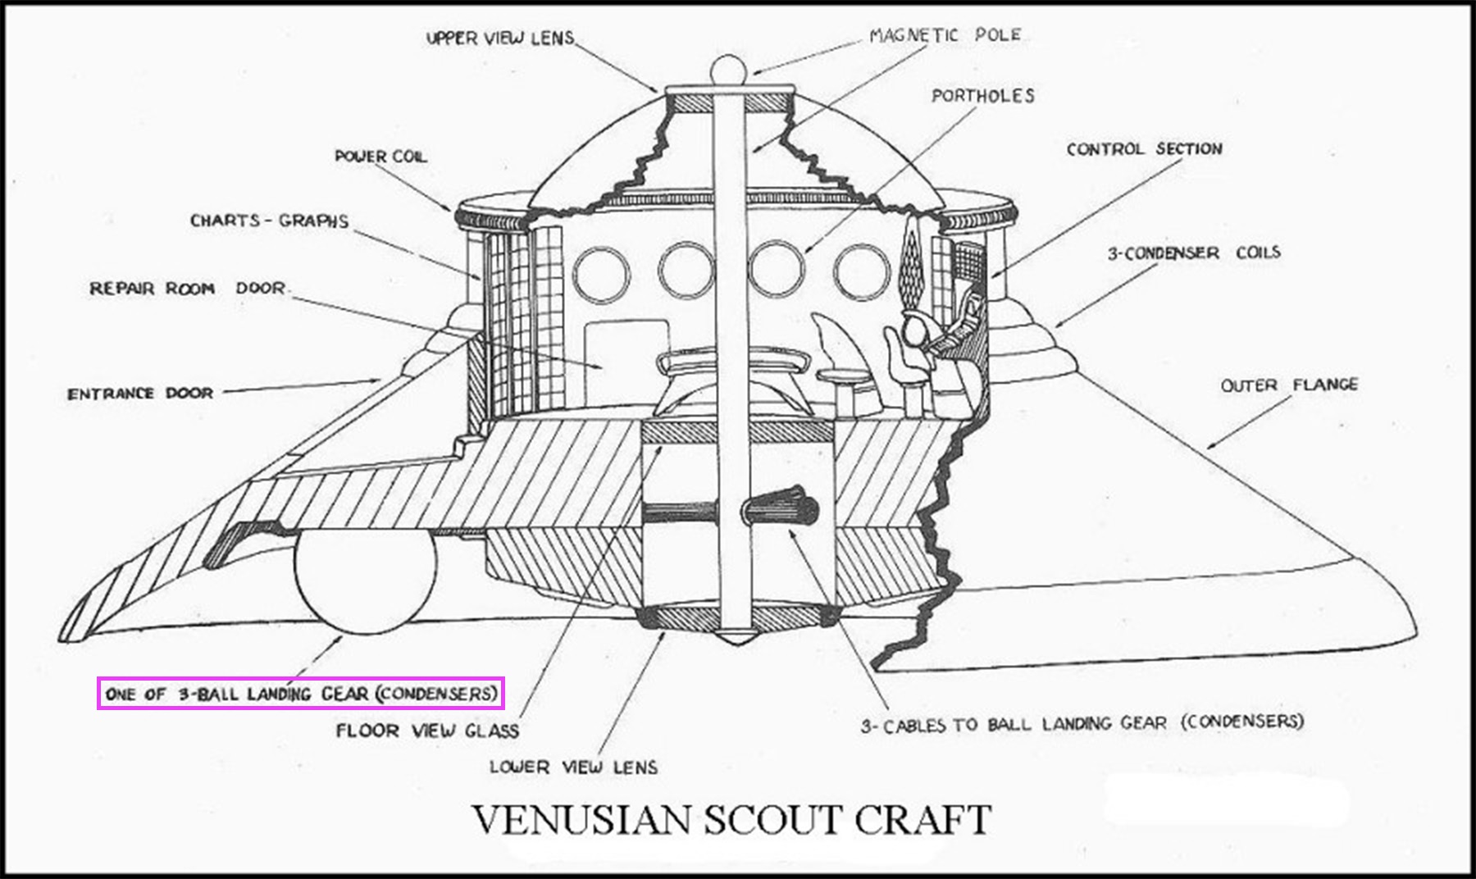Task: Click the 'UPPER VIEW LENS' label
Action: [500, 38]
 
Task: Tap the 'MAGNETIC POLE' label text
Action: [945, 35]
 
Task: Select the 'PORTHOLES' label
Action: [982, 96]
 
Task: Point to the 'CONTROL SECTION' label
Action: [1144, 149]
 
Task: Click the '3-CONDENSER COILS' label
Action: [1193, 253]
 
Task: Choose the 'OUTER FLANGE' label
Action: [1288, 385]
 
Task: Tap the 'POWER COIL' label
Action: [380, 157]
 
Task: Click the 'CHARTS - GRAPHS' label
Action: [269, 221]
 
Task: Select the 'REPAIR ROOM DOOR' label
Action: [188, 289]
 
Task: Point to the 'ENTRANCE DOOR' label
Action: [140, 394]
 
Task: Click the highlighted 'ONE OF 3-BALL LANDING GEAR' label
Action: [301, 694]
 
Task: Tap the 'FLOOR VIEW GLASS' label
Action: [427, 731]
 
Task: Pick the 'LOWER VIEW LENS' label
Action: [573, 767]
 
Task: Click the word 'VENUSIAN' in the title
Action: [581, 820]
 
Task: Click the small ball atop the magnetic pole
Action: [728, 69]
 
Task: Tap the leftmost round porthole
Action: [601, 273]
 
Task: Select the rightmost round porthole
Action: [861, 271]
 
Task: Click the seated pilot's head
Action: [913, 330]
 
